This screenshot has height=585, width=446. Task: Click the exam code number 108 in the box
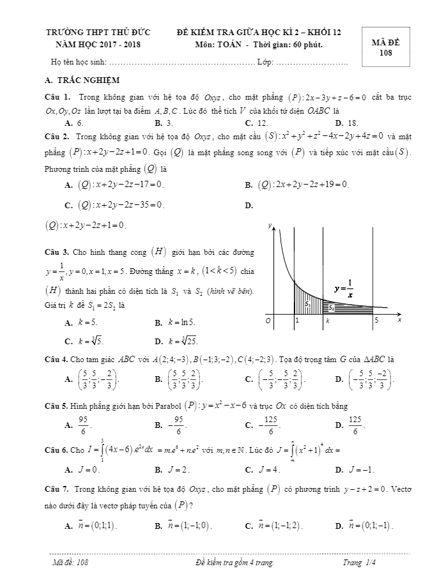tap(385, 54)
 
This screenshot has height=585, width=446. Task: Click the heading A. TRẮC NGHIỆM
tap(79, 80)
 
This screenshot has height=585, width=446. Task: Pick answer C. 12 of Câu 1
tap(256, 122)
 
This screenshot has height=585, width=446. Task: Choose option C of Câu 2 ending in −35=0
tap(114, 206)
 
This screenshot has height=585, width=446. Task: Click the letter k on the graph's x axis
tap(327, 320)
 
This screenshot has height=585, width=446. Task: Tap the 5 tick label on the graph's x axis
tap(377, 320)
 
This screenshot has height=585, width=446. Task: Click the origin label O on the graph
tap(268, 320)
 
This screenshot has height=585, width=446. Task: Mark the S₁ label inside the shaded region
tap(308, 304)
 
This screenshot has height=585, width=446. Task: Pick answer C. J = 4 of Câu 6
tap(260, 469)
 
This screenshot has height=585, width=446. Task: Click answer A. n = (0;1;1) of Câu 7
tap(93, 526)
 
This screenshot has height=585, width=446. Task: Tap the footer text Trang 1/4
tap(359, 563)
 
